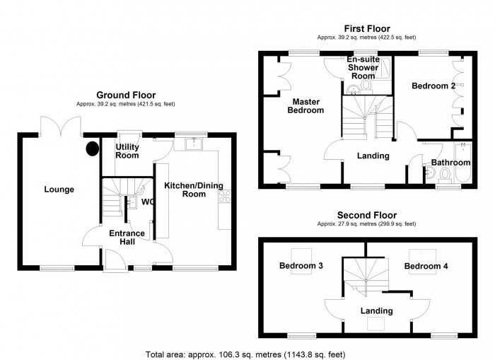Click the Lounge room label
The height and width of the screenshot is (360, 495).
59,189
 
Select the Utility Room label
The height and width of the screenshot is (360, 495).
127,151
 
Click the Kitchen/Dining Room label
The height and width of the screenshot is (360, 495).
193,190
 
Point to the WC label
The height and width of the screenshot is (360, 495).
148,202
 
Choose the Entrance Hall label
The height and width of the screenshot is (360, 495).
127,238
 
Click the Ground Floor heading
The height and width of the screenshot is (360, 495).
126,95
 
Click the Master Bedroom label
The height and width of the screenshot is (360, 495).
305,105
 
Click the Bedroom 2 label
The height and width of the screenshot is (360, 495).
433,86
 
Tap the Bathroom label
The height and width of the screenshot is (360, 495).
450,163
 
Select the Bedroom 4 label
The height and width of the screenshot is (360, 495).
426,266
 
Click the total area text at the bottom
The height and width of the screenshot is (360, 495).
246,353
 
